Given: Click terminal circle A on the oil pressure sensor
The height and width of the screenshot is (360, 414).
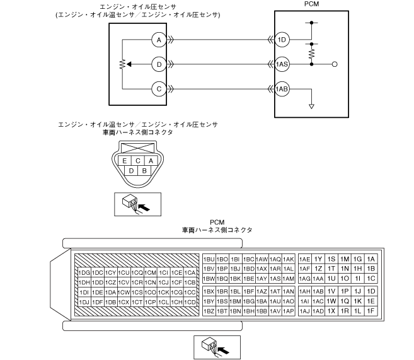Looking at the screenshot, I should pyautogui.click(x=159, y=40).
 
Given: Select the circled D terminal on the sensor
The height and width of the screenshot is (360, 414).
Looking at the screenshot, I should pyautogui.click(x=159, y=64).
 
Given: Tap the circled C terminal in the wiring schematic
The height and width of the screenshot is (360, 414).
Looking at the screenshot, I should pyautogui.click(x=159, y=89).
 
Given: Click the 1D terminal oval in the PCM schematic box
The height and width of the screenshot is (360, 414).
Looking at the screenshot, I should pyautogui.click(x=282, y=40).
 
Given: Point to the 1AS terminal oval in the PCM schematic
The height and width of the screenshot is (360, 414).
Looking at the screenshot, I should pyautogui.click(x=282, y=64).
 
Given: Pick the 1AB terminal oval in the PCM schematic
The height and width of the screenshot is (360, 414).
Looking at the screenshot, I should pyautogui.click(x=282, y=89).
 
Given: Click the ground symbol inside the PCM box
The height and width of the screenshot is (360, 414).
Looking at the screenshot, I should pyautogui.click(x=311, y=105).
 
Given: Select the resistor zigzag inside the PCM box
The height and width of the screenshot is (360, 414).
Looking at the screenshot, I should pyautogui.click(x=311, y=54).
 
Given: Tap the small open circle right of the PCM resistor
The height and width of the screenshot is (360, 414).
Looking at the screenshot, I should pyautogui.click(x=335, y=64).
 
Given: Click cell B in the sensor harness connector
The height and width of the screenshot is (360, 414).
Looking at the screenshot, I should pyautogui.click(x=144, y=170).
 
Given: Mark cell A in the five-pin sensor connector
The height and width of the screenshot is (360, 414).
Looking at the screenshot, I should pyautogui.click(x=151, y=161).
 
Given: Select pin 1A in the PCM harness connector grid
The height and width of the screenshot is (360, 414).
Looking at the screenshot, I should pyautogui.click(x=371, y=259).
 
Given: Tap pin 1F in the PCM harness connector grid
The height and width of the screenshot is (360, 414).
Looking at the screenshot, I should pyautogui.click(x=371, y=311).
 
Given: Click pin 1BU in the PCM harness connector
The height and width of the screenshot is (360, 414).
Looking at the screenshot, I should pyautogui.click(x=208, y=259).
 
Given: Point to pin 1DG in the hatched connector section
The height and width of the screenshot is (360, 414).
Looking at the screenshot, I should pyautogui.click(x=83, y=272).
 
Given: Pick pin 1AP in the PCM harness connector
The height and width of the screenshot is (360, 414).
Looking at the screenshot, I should pyautogui.click(x=289, y=311).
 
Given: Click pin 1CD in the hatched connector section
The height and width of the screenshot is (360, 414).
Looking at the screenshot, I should pyautogui.click(x=190, y=302).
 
